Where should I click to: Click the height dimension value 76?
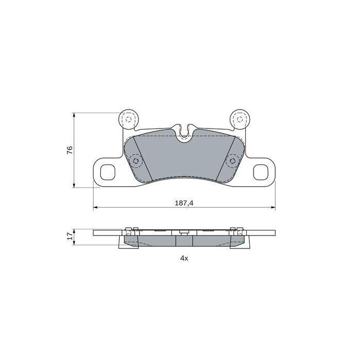[x=70, y=150]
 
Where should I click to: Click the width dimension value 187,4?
[x=184, y=203]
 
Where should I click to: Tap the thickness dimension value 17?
[x=70, y=237]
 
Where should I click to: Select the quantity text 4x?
[x=184, y=259]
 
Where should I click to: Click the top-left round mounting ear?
[x=128, y=120]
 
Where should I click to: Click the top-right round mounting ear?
[x=239, y=120]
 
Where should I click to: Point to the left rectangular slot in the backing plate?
[x=109, y=171]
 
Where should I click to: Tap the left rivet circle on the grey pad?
[x=136, y=160]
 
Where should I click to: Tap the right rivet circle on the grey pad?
[x=232, y=160]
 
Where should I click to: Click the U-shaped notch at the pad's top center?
[x=184, y=133]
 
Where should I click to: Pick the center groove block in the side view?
[x=184, y=240]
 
